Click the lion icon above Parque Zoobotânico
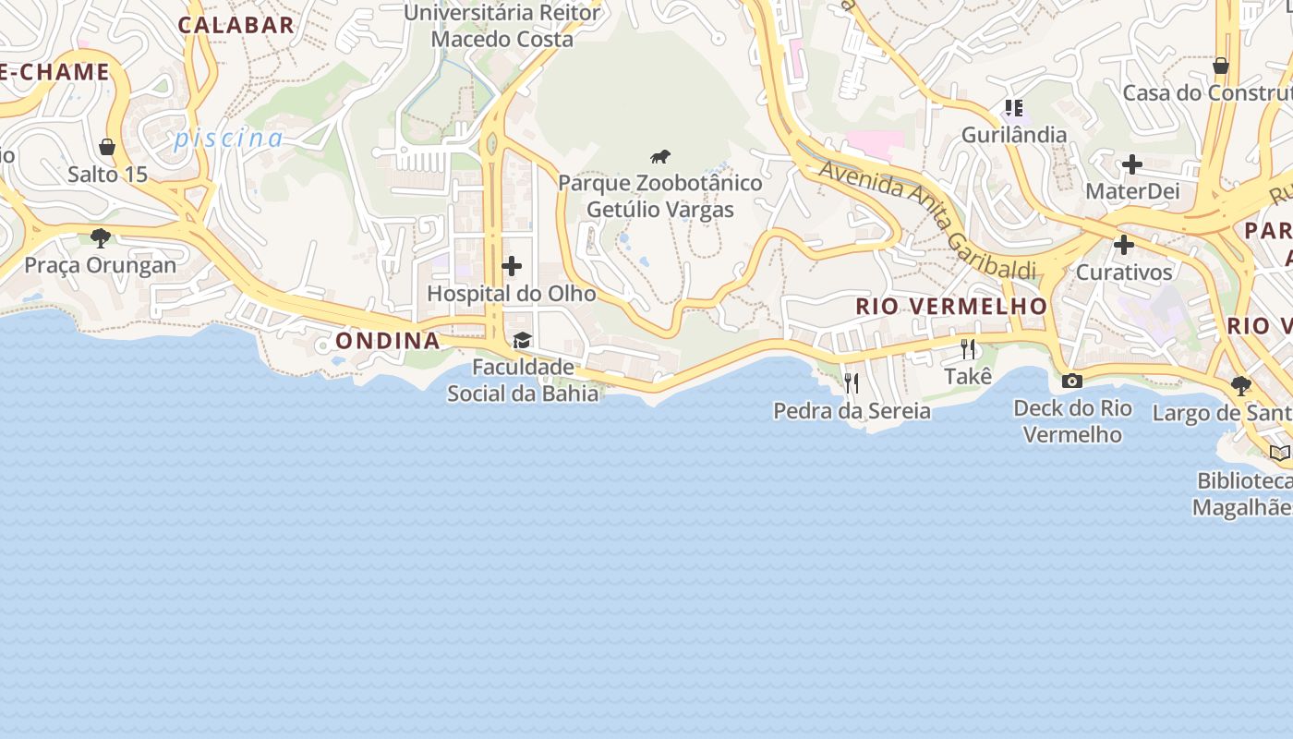[659, 156]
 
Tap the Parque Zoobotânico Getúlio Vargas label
[660, 196]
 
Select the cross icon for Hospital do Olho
[512, 267]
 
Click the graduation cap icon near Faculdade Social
[523, 340]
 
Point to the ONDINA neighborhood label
[388, 341]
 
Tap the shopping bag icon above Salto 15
[107, 147]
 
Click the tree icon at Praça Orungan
[101, 238]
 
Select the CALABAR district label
[236, 25]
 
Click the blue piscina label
[229, 139]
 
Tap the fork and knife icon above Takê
[968, 348]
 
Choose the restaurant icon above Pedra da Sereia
[852, 382]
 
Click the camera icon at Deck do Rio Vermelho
[1072, 381]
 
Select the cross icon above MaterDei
[1132, 164]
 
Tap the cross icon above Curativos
[1124, 245]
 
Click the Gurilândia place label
[1014, 135]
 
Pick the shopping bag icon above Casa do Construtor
[1221, 66]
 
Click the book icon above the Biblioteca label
[1279, 453]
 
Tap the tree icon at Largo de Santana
[1241, 385]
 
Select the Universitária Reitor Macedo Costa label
[502, 26]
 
